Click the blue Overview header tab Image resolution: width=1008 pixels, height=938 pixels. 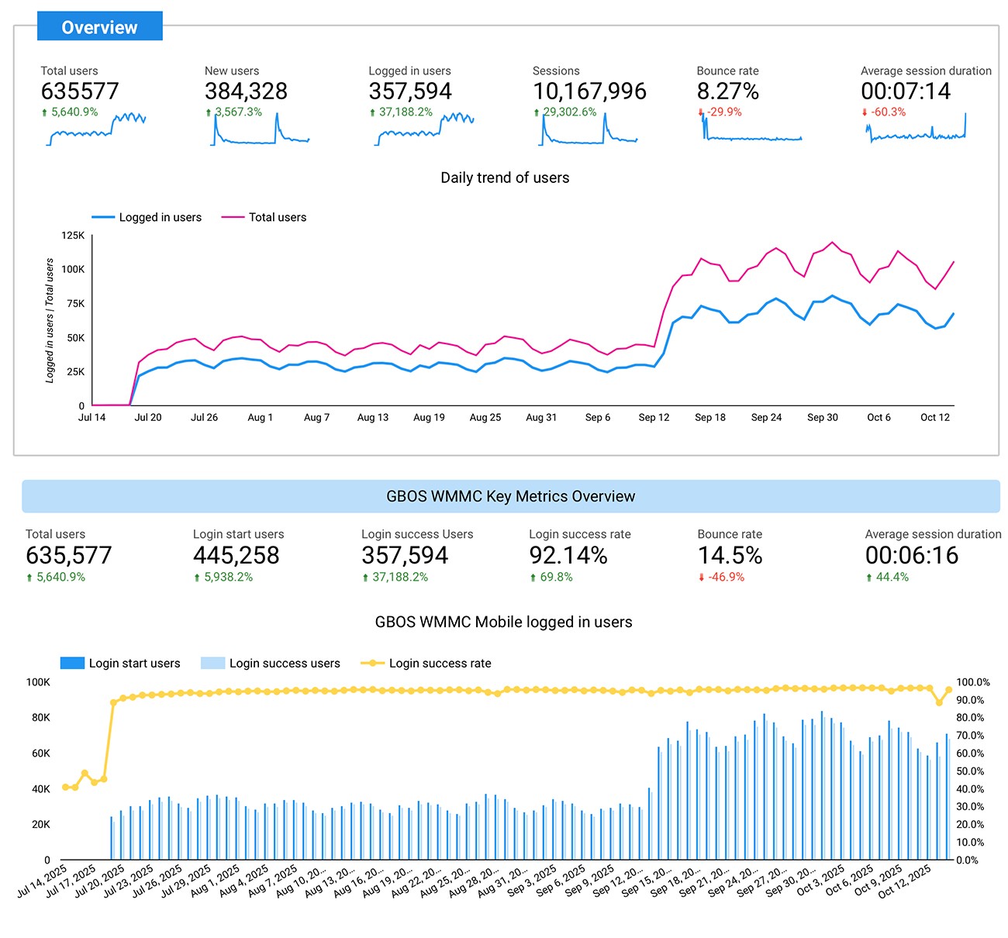coord(99,27)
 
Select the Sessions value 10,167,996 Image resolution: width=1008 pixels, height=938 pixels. coord(589,91)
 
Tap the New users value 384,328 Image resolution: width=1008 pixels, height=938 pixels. coord(246,91)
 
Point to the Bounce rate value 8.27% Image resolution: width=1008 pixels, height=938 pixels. coord(727,91)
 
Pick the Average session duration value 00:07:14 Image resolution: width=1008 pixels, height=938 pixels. coord(905,91)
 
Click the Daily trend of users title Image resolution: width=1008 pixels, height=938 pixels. coord(505,178)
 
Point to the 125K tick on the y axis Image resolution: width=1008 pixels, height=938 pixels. coord(73,236)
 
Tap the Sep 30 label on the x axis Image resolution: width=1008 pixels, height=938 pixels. coord(822,417)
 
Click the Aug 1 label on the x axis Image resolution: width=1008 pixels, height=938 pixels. coord(260,417)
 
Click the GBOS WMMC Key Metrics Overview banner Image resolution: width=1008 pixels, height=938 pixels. coord(510,496)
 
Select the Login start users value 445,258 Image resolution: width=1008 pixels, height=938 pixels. coord(236,556)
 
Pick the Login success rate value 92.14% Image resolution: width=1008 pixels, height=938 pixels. coord(568,556)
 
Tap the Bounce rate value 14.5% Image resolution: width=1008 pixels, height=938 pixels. coord(730,556)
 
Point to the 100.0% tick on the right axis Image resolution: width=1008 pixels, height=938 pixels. coord(972,682)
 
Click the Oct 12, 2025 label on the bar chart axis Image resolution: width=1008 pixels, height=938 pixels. coord(906,881)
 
